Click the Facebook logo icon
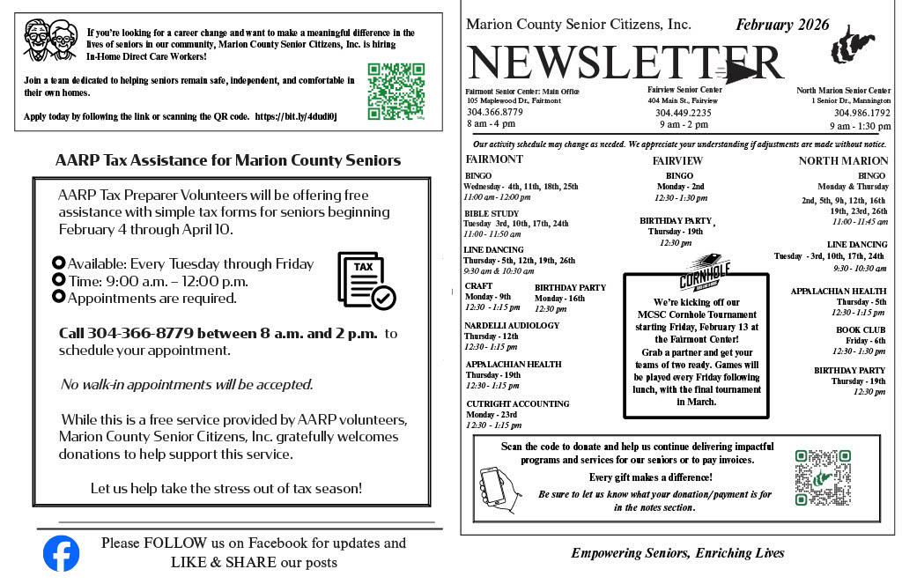click(62, 553)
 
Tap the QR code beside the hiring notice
click(396, 92)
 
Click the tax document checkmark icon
click(366, 281)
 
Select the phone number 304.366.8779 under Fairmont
click(494, 113)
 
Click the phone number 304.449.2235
click(684, 113)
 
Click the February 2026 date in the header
click(782, 25)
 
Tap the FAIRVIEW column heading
click(677, 160)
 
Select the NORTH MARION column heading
click(843, 160)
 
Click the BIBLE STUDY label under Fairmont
click(492, 213)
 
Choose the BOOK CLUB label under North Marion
click(861, 329)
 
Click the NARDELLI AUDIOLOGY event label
click(512, 326)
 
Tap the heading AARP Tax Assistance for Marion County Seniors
click(228, 160)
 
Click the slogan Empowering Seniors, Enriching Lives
click(677, 553)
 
